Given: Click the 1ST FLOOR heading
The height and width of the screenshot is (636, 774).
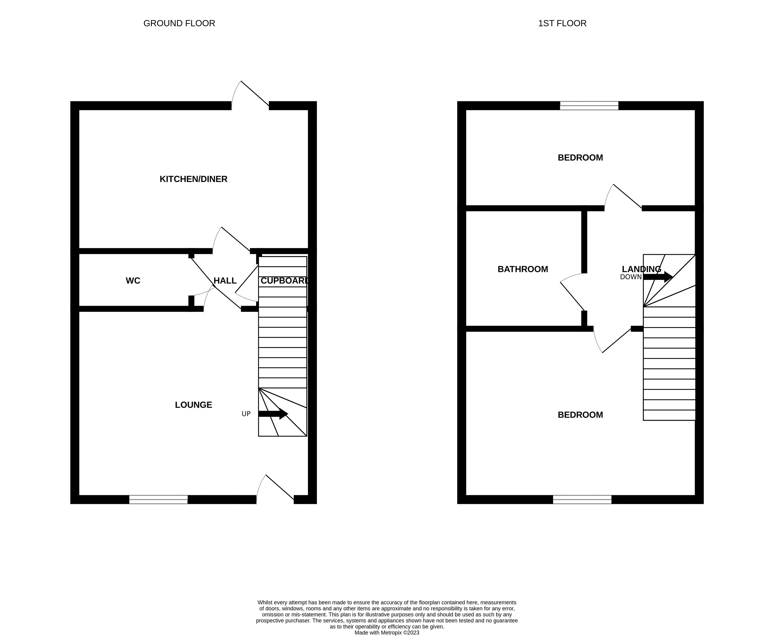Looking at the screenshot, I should tap(562, 23).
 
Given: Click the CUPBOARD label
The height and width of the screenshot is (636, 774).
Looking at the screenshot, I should tap(284, 281).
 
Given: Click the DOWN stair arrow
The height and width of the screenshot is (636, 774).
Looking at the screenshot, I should tap(658, 277).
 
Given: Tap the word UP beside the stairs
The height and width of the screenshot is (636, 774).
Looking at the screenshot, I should tap(246, 414).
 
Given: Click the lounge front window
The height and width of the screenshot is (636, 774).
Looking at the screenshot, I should tap(158, 499).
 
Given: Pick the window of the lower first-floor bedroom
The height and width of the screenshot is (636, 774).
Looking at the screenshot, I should tap(582, 499).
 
